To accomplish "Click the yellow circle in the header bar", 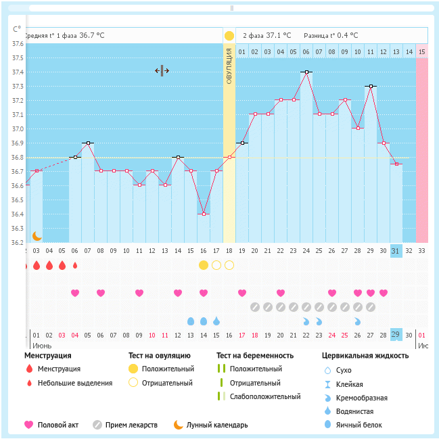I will coord(229,35).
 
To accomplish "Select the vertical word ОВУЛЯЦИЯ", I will coord(229,67).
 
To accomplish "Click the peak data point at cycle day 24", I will coord(306,72).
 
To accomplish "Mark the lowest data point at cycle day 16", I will coord(204,214).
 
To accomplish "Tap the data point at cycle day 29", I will coord(371,86).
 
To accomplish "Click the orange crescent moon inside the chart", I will coord(37,235).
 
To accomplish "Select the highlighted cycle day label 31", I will coord(396,250).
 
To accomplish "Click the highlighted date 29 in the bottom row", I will coord(396,335).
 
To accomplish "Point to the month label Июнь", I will coord(42,345).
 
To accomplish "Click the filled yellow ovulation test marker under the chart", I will coord(204,264).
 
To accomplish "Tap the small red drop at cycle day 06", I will coord(75,265).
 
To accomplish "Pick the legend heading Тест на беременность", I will coord(254,355).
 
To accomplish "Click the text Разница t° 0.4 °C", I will coord(331,35).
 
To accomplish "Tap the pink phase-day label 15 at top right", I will coord(422,51).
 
